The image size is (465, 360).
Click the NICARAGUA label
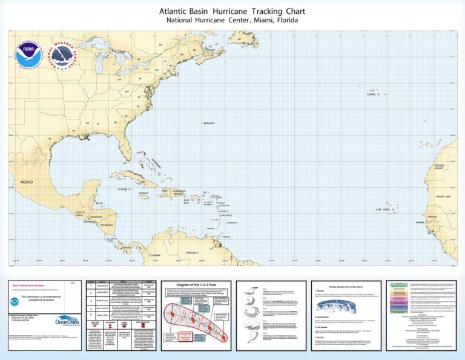tap(107, 225)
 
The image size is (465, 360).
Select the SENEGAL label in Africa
tap(432, 216)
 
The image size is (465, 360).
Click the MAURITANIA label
tap(443, 196)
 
